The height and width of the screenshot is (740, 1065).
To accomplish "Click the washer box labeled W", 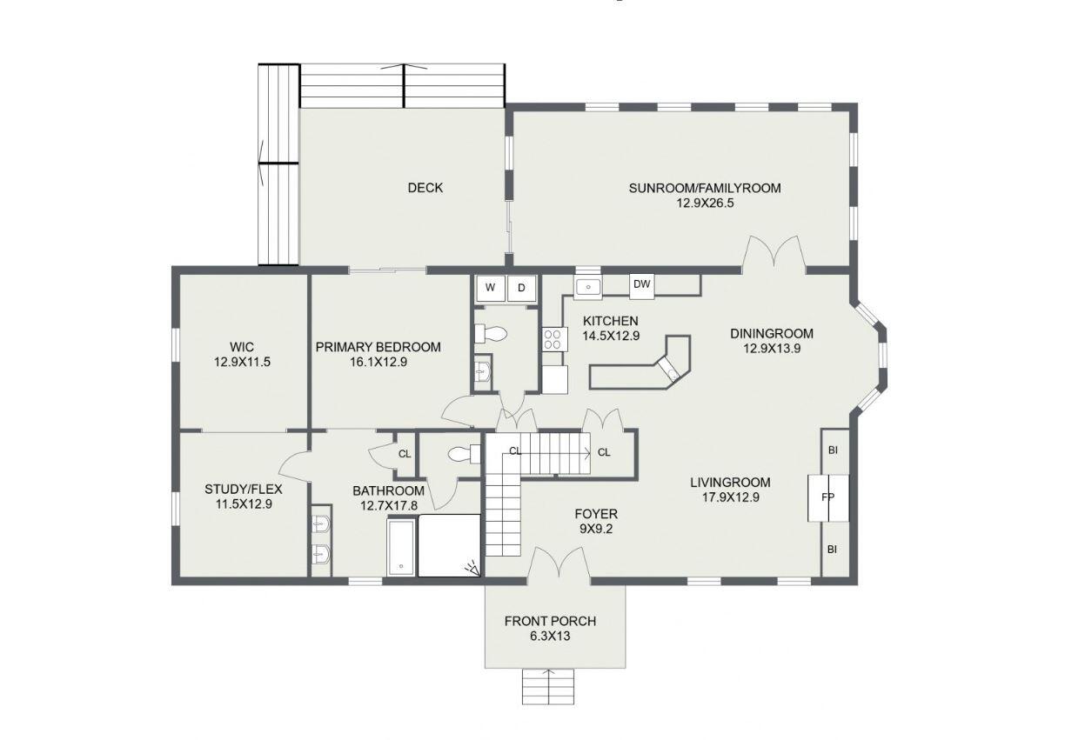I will tap(490, 288).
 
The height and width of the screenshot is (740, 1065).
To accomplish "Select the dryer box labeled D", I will tap(522, 288).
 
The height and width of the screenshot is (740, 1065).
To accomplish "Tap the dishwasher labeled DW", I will tap(641, 284).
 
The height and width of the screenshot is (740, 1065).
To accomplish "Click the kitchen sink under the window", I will tap(588, 286).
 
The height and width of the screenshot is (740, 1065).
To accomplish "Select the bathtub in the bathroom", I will tap(401, 548).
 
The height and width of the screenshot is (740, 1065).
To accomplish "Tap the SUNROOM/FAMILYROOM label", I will tap(705, 188).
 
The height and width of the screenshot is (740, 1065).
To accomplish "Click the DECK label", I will tap(425, 188).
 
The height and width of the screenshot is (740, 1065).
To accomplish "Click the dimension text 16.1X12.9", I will tap(378, 363).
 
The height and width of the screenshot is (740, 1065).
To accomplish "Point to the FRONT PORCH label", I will tap(550, 621).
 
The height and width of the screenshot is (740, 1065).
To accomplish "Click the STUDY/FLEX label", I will tap(244, 489).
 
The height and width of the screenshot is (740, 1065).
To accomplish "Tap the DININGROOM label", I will tap(771, 333).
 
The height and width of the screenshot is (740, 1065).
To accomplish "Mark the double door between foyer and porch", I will tap(558, 566).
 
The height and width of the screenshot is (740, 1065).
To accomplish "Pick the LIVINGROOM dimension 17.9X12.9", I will tap(730, 498).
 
